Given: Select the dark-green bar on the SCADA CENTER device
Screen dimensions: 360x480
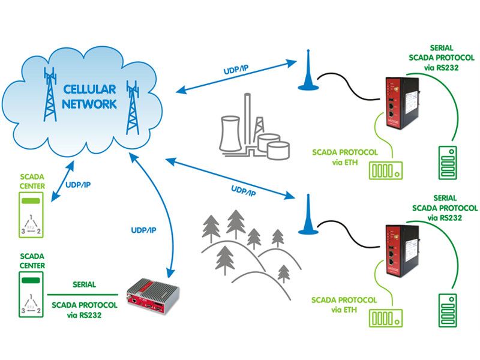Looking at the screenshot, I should click(x=31, y=279).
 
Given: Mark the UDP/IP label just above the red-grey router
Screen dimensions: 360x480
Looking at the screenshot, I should click(x=143, y=230).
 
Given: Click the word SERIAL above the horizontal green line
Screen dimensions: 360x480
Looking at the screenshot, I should click(x=85, y=284).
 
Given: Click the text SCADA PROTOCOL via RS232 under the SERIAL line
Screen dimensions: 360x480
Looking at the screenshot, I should click(x=83, y=308).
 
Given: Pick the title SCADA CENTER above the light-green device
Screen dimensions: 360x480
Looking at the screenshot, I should click(x=31, y=181).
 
